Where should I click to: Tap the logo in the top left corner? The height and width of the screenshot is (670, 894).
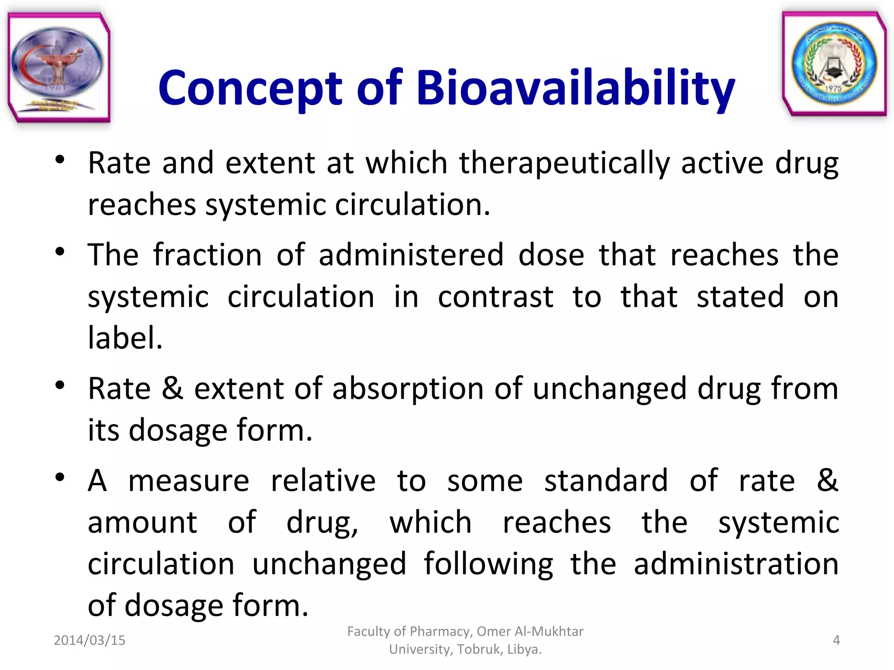[x=58, y=68]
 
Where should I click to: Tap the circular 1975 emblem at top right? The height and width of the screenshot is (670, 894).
[x=834, y=64]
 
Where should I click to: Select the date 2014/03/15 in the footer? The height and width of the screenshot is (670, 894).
[x=89, y=640]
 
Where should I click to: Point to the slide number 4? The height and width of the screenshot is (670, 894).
[x=836, y=640]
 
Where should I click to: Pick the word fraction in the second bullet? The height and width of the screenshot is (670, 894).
[x=207, y=255]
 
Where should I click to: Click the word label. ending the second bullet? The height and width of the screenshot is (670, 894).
[x=125, y=338]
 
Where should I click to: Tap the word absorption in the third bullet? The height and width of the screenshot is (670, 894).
[x=408, y=388]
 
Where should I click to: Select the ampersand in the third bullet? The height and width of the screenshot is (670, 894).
[x=172, y=388]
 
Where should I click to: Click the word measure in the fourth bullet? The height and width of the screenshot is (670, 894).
[x=189, y=481]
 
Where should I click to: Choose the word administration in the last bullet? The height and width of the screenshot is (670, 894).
[x=736, y=564]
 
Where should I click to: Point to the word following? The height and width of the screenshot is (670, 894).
[x=488, y=564]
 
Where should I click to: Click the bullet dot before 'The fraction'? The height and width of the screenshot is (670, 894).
[x=60, y=252]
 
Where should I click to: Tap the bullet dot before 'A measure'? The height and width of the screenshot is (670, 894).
[x=60, y=477]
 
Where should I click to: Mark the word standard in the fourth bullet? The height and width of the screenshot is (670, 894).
[x=605, y=481]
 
